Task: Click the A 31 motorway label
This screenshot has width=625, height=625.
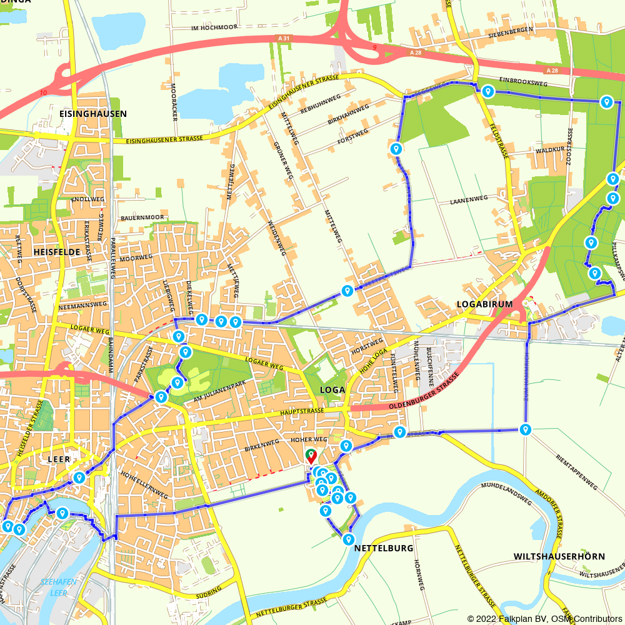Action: pyautogui.click(x=283, y=39)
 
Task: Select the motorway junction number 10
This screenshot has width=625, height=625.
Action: pyautogui.click(x=43, y=93)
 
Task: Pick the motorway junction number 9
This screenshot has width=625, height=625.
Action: pyautogui.click(x=374, y=48)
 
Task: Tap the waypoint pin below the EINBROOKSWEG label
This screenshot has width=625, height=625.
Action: pyautogui.click(x=487, y=92)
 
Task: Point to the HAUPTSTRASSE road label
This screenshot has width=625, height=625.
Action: pyautogui.click(x=303, y=411)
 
